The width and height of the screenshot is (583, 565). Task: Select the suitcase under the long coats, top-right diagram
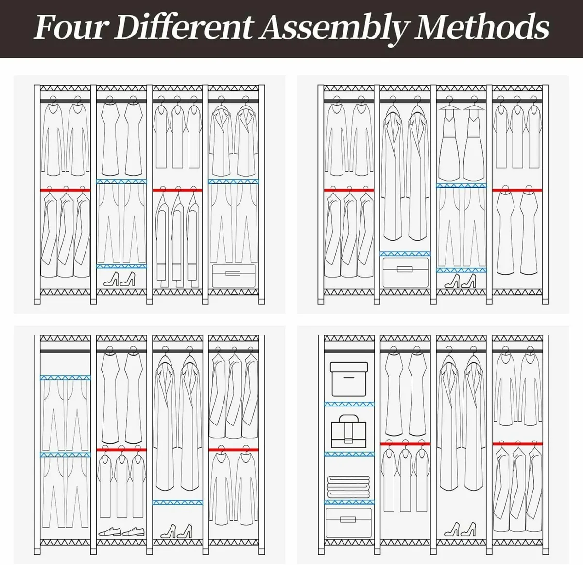pos(405,272)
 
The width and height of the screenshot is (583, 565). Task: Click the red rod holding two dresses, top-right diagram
pos(517,190)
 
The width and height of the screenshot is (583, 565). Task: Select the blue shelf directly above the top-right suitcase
pos(405,254)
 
